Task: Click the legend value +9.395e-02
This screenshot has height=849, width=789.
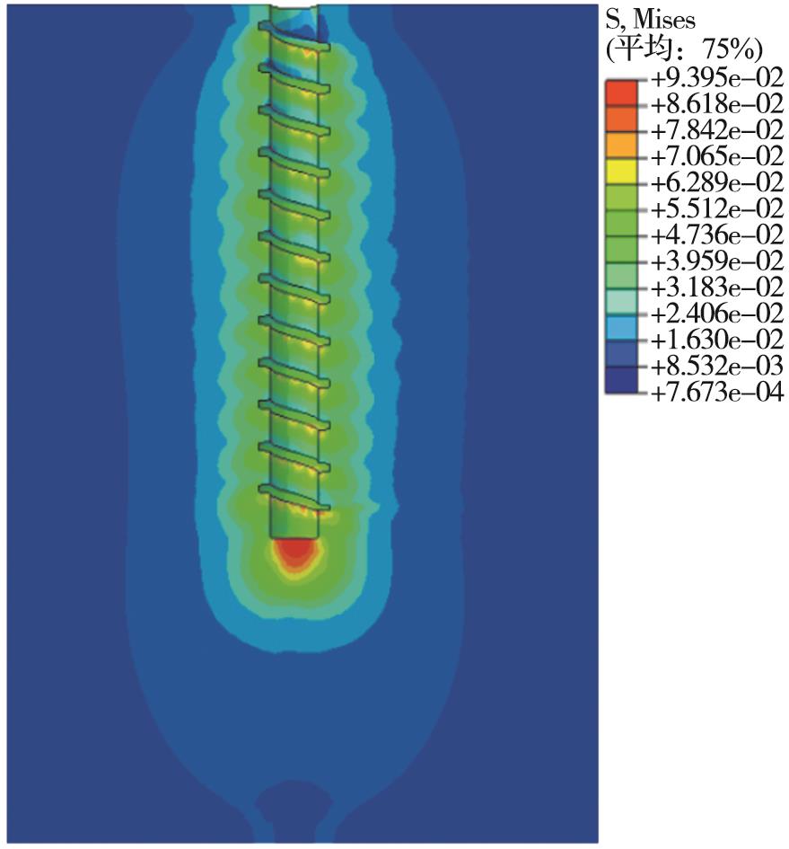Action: [717, 78]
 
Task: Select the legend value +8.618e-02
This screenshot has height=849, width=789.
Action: [717, 104]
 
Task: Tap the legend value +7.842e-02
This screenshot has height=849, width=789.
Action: [717, 130]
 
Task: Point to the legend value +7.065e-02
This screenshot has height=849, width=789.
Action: [717, 156]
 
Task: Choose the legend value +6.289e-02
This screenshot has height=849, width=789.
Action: [717, 183]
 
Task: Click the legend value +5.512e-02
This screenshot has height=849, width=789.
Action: [717, 209]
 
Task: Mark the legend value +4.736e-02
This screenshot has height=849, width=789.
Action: [717, 235]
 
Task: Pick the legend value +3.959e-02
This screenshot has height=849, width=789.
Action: [717, 261]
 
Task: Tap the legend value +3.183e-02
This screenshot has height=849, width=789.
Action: [717, 287]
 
